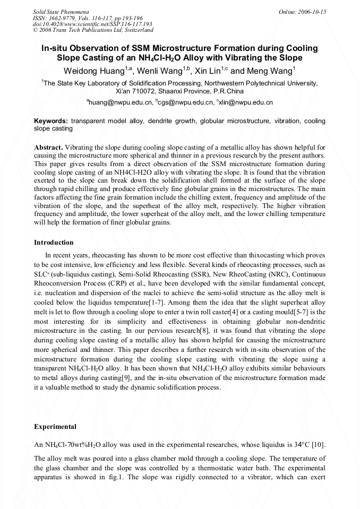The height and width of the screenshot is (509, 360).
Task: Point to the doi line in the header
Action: coord(92,24)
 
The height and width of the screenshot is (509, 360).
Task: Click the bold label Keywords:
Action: coord(51,121)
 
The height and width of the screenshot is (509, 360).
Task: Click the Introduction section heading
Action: coord(54,243)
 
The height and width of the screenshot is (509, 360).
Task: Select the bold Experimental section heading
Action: coord(55,427)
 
